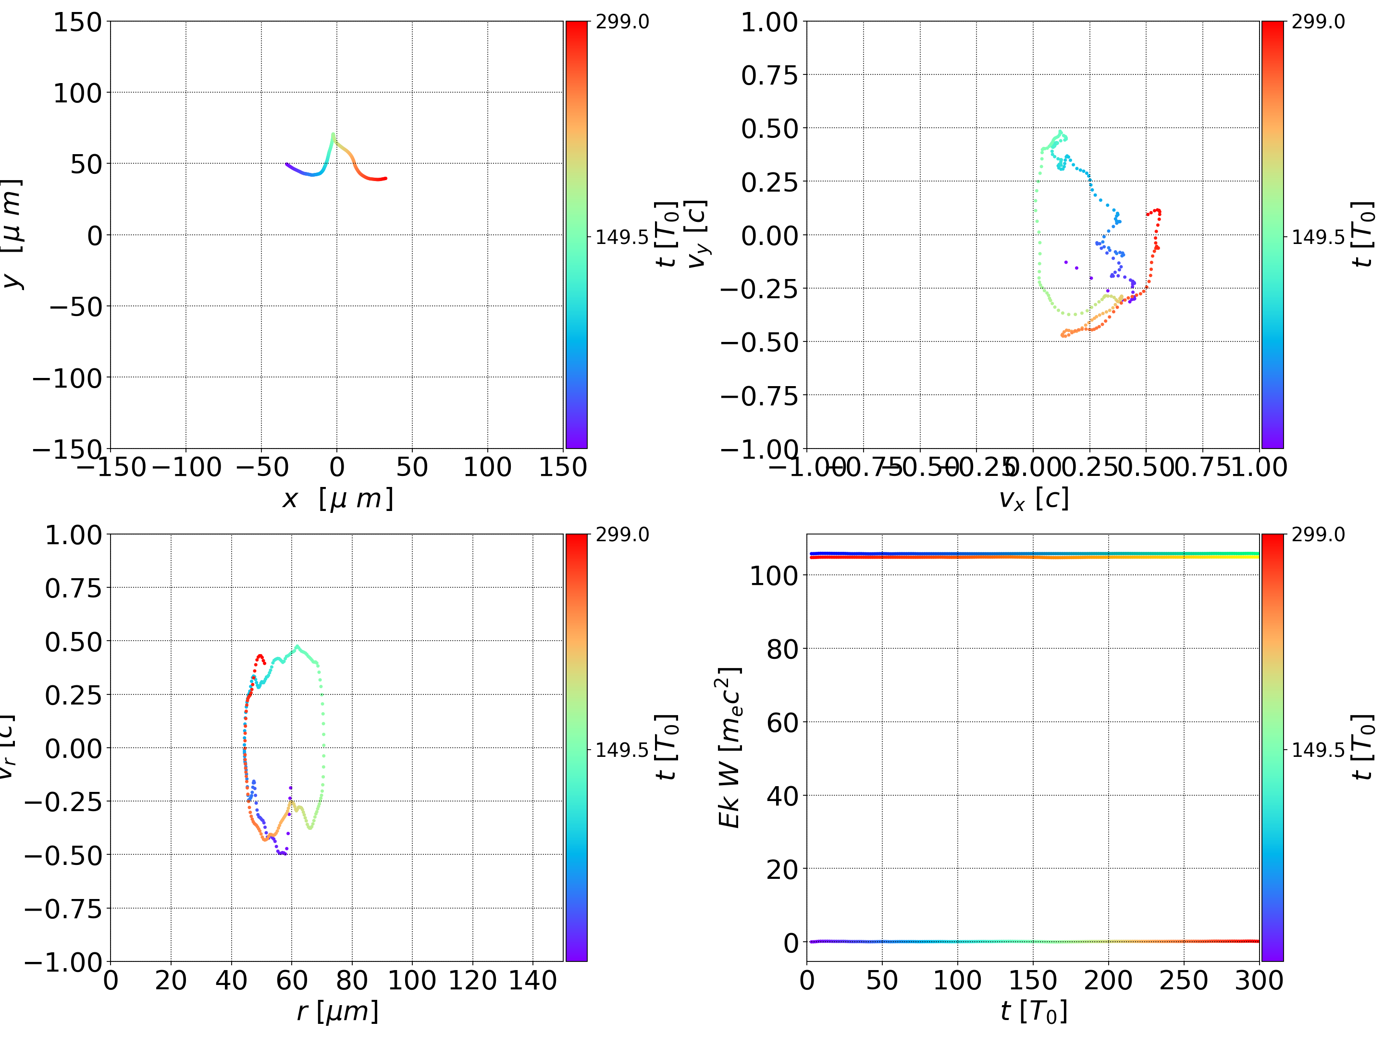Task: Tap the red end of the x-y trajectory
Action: [x=385, y=178]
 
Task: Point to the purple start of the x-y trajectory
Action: [x=286, y=164]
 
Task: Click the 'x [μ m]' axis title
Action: [x=337, y=499]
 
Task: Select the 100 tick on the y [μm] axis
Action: [x=77, y=93]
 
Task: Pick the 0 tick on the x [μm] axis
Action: [x=336, y=467]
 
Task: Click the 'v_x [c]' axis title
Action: [x=1033, y=499]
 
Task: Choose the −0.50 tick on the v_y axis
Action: [x=760, y=342]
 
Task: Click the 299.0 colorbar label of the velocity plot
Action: [x=1318, y=22]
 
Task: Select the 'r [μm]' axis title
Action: [x=337, y=1012]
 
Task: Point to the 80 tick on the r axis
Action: [x=352, y=980]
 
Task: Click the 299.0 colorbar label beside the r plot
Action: [x=622, y=535]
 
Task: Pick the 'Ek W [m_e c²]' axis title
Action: [x=729, y=747]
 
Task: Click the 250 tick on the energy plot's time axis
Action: [x=1183, y=980]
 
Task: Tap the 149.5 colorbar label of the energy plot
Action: [x=1318, y=749]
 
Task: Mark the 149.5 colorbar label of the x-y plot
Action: [x=622, y=237]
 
